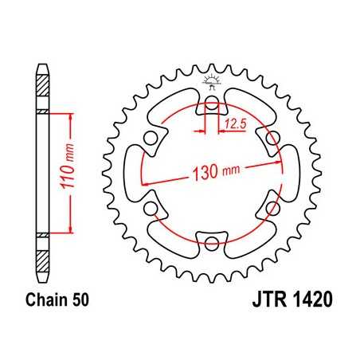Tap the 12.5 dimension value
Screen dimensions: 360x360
point(235,123)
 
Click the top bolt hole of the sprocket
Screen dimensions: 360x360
point(212,104)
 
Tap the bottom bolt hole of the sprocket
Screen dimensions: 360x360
point(212,241)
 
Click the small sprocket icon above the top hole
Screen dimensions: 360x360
point(212,80)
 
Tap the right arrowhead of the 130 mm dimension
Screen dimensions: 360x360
point(283,159)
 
